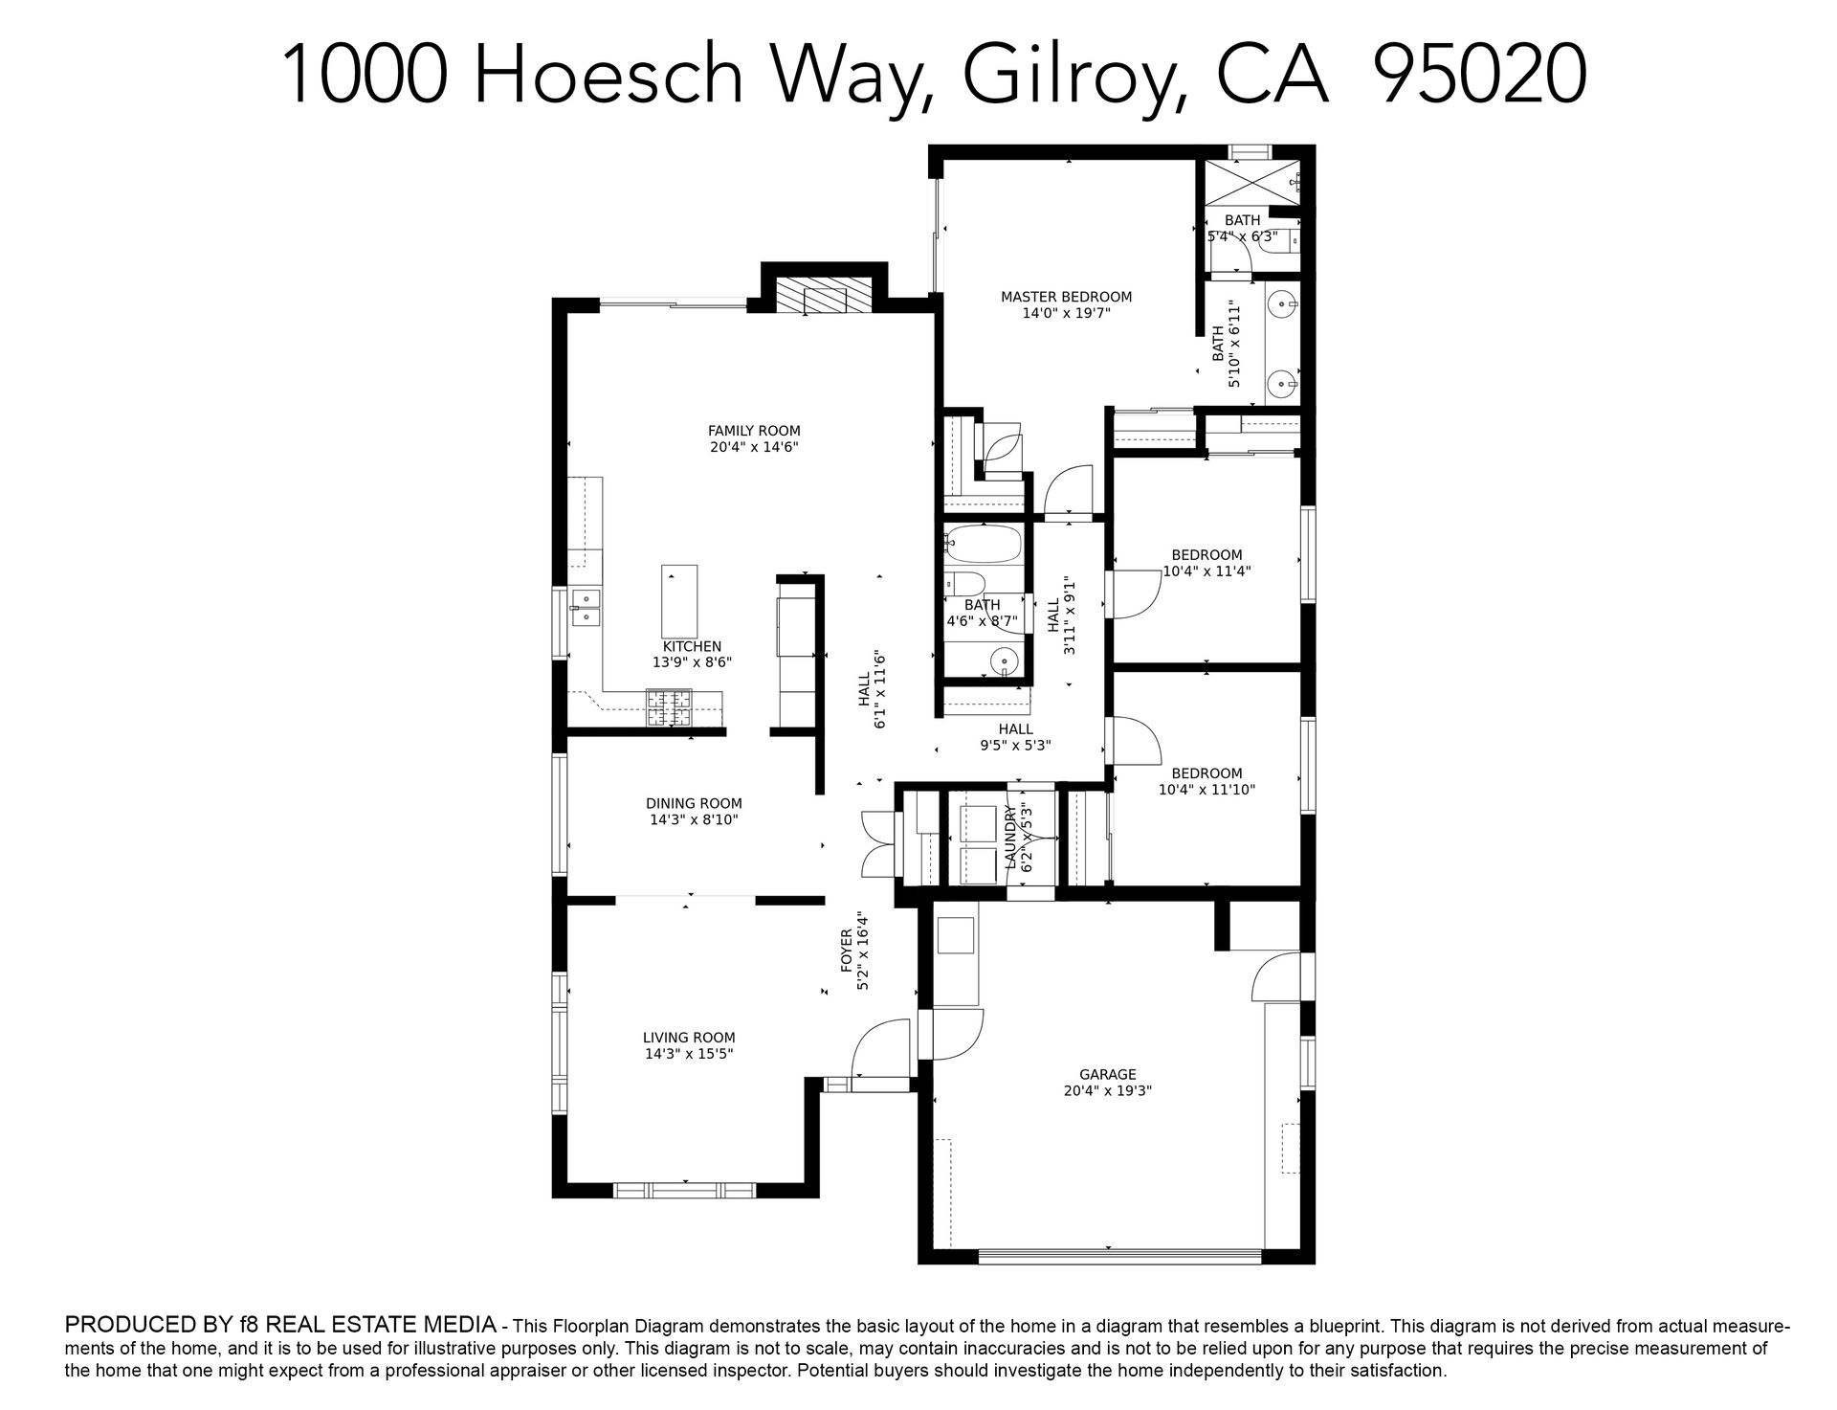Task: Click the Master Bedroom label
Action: (1066, 297)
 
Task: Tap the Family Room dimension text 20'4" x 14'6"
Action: (754, 447)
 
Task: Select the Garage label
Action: (1108, 1075)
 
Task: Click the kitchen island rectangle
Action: (679, 601)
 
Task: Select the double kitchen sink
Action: (585, 608)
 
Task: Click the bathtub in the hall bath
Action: (984, 544)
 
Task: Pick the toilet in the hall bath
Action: (964, 584)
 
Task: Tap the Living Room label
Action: (689, 1038)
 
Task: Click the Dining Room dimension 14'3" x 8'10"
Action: (694, 820)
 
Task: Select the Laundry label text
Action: (1012, 838)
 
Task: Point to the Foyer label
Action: (847, 951)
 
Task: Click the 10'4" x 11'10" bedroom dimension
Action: (1206, 790)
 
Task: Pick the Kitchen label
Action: (692, 646)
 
